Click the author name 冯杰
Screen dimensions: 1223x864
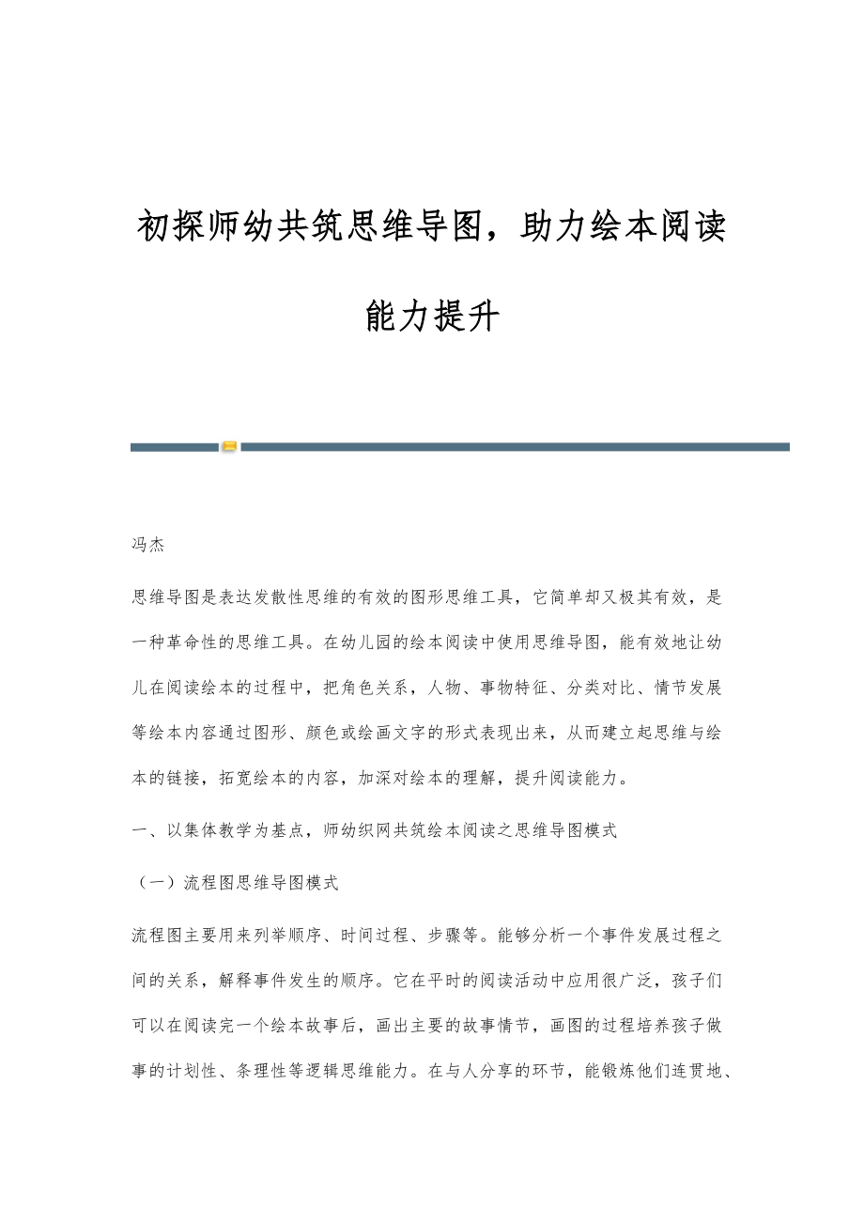click(x=148, y=545)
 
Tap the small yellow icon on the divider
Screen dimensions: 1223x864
click(x=229, y=447)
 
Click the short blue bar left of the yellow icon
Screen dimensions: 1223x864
click(x=175, y=447)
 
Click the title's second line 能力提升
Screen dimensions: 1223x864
click(x=431, y=317)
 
